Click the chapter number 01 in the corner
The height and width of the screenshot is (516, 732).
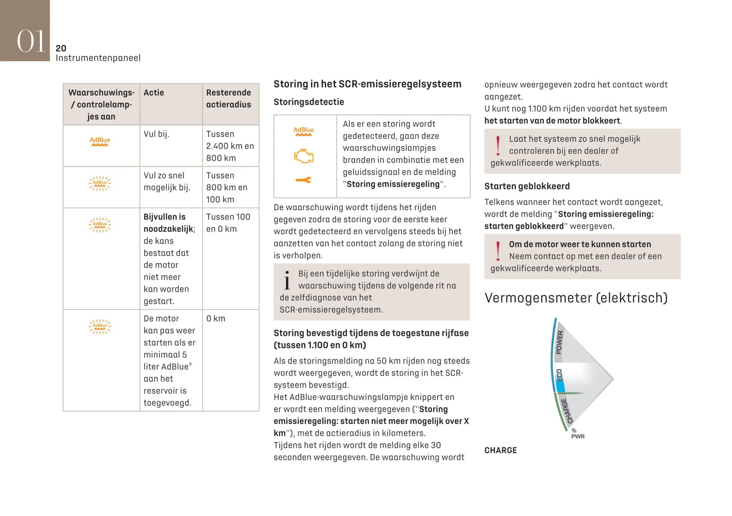pyautogui.click(x=31, y=41)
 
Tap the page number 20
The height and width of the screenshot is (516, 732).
pyautogui.click(x=61, y=48)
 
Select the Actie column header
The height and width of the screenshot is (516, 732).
pyautogui.click(x=153, y=93)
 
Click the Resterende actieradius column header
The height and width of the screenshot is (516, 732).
pyautogui.click(x=228, y=98)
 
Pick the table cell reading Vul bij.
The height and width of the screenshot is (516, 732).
pyautogui.click(x=157, y=134)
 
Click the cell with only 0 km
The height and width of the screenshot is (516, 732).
pyautogui.click(x=216, y=319)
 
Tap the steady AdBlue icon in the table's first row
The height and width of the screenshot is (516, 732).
pyautogui.click(x=100, y=141)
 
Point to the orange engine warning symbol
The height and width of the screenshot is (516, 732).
pyautogui.click(x=304, y=156)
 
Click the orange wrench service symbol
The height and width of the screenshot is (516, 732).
pyautogui.click(x=303, y=180)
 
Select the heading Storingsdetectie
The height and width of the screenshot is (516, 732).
pyautogui.click(x=309, y=102)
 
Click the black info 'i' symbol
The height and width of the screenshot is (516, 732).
pyautogui.click(x=287, y=280)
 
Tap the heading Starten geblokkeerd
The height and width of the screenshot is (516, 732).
pyautogui.click(x=527, y=186)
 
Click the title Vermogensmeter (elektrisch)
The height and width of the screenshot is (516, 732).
pyautogui.click(x=576, y=298)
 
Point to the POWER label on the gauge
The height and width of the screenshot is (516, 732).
pyautogui.click(x=559, y=342)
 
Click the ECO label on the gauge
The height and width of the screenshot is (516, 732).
pyautogui.click(x=560, y=376)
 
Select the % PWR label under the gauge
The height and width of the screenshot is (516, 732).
pyautogui.click(x=577, y=434)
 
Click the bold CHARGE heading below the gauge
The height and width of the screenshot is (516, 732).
pyautogui.click(x=500, y=450)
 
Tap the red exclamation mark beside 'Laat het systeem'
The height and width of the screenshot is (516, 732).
pyautogui.click(x=498, y=145)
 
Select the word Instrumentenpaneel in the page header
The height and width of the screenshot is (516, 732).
pyautogui.click(x=98, y=58)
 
